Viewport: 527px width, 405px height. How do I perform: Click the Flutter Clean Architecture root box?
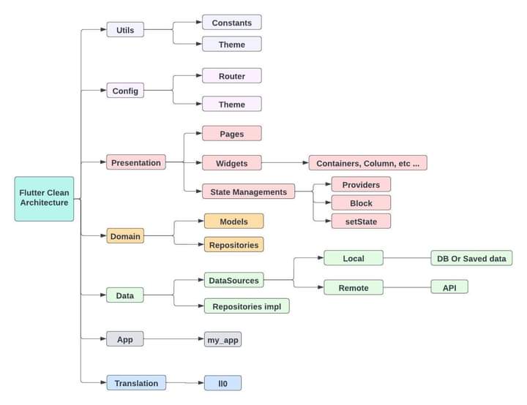click(x=44, y=198)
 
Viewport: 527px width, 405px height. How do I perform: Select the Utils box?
click(x=125, y=30)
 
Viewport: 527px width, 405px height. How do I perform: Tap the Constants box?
click(x=231, y=23)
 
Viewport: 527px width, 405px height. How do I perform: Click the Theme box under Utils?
click(x=231, y=45)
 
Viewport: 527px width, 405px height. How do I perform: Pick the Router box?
click(x=231, y=76)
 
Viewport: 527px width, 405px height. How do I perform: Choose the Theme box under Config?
click(x=231, y=104)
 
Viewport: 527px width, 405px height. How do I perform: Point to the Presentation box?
click(x=135, y=162)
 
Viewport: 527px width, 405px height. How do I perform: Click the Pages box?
click(x=231, y=134)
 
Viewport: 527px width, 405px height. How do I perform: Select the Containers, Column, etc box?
click(x=367, y=163)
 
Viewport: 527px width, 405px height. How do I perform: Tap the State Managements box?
click(x=248, y=192)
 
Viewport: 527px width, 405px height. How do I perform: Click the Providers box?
click(x=361, y=184)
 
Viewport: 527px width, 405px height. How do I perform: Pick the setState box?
click(x=361, y=221)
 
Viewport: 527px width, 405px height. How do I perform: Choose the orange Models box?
click(x=233, y=222)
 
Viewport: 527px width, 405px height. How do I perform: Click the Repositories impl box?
click(x=247, y=306)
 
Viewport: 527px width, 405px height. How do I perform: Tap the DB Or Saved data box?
click(x=471, y=258)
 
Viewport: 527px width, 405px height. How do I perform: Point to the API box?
click(x=449, y=287)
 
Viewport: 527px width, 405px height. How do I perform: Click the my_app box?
click(x=223, y=339)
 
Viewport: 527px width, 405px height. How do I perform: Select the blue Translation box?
click(x=136, y=382)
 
